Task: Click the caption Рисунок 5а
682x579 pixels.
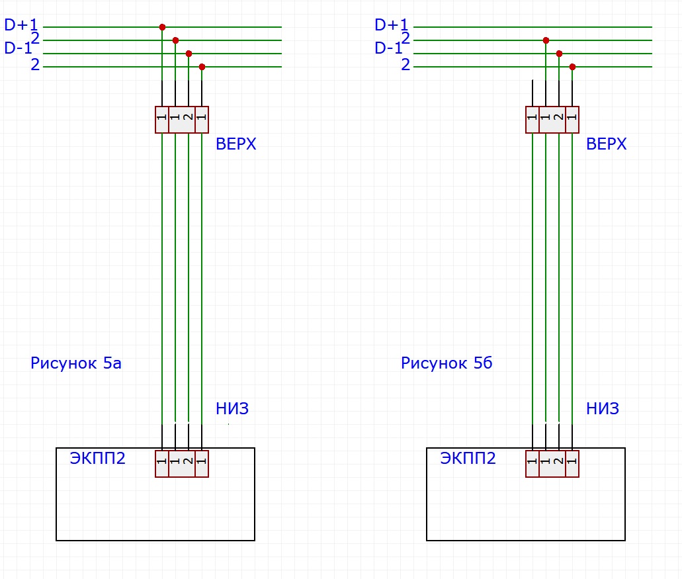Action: (x=75, y=363)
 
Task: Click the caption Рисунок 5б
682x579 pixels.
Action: (x=447, y=363)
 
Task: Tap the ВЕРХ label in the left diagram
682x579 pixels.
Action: (x=235, y=144)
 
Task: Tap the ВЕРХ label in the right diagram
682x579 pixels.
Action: (x=607, y=144)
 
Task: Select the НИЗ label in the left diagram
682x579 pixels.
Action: (x=232, y=408)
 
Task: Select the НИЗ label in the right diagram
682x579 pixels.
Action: (x=603, y=408)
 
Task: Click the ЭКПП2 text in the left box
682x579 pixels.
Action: (x=97, y=458)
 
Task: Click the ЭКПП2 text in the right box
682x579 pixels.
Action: (x=468, y=458)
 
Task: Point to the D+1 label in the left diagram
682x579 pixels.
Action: (x=21, y=24)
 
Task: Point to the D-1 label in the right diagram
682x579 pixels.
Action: (x=389, y=48)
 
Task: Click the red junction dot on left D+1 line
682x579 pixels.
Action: (x=162, y=27)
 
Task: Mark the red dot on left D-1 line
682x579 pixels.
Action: (x=189, y=54)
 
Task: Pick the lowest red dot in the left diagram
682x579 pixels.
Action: (x=202, y=67)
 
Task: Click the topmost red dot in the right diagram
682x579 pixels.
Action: (x=546, y=40)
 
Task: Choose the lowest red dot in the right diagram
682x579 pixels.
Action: (x=572, y=67)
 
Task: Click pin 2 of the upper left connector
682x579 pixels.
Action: (x=189, y=120)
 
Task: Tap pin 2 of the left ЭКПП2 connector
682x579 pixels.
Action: (x=189, y=464)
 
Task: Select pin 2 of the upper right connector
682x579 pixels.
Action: (x=559, y=120)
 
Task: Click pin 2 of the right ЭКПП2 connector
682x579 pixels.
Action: (x=559, y=464)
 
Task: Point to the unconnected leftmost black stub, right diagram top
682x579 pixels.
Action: (x=533, y=93)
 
